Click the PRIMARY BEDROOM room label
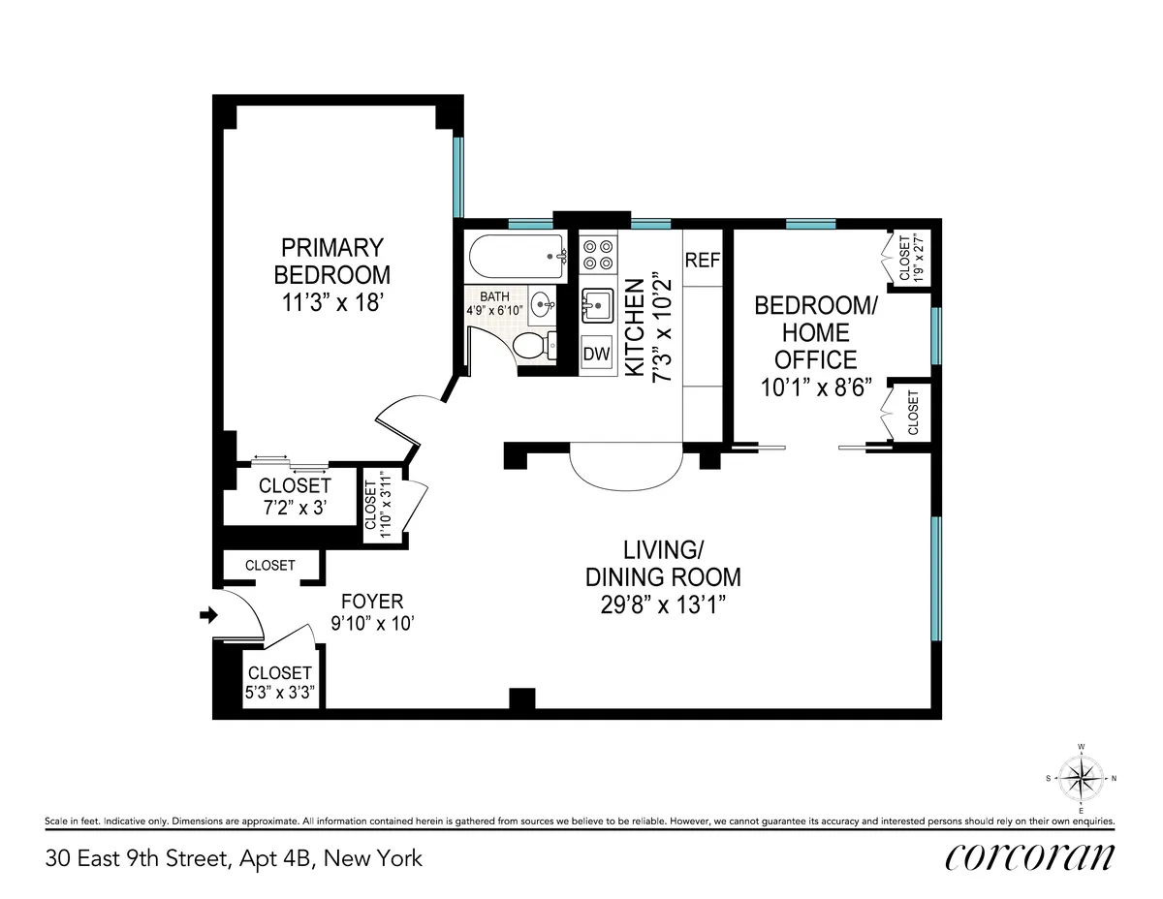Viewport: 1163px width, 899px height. (x=331, y=261)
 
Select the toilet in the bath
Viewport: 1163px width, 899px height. (x=532, y=345)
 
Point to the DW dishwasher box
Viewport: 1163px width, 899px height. (x=596, y=355)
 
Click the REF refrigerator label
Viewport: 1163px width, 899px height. (x=702, y=261)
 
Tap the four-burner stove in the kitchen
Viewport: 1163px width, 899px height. (x=596, y=255)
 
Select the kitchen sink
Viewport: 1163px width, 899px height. (x=596, y=306)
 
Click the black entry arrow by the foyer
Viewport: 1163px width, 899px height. (x=206, y=614)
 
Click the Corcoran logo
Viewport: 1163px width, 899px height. (x=1029, y=857)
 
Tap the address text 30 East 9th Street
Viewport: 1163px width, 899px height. (x=233, y=858)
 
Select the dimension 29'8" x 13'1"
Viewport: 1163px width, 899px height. (x=663, y=604)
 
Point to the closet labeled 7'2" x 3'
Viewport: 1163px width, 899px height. (x=294, y=494)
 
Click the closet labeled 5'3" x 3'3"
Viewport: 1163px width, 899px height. (x=280, y=682)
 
